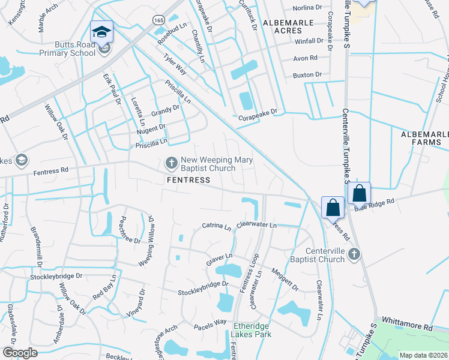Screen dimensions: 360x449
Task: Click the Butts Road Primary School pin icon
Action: [x=102, y=32]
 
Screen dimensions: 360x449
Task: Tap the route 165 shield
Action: [x=158, y=20]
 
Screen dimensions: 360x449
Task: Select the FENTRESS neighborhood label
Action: [x=188, y=180]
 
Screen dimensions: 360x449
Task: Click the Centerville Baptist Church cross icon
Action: [x=354, y=254]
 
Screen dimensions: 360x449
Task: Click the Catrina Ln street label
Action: [x=216, y=227]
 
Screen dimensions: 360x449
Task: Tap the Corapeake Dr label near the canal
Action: [x=258, y=112]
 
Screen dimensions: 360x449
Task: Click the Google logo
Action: [x=19, y=353]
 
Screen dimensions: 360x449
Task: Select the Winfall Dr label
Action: [x=309, y=42]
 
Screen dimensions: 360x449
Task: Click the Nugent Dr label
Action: [x=151, y=128]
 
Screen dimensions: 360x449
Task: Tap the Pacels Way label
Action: [x=209, y=325]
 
